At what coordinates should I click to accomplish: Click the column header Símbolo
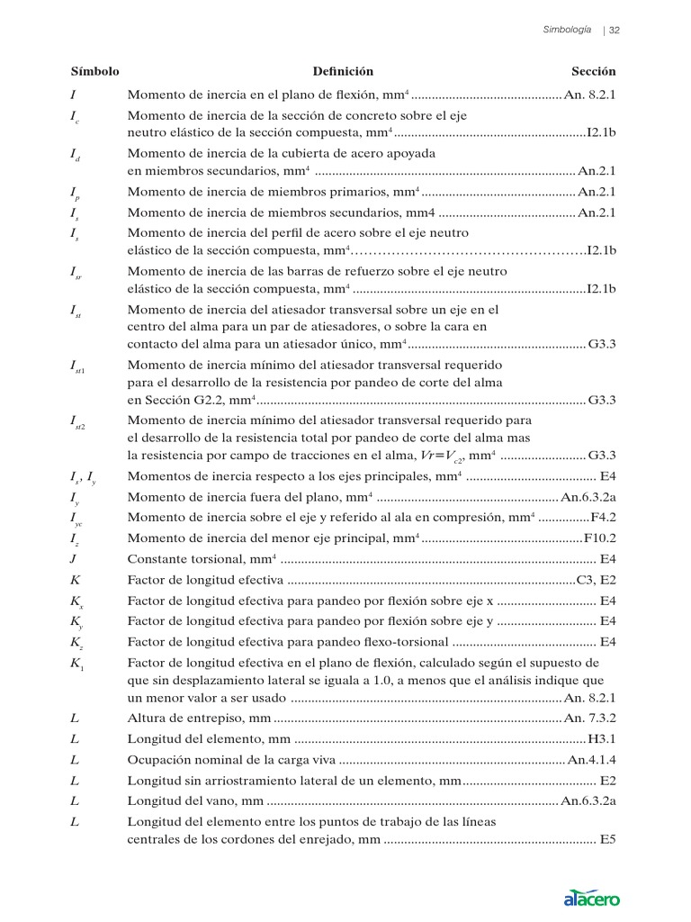pyautogui.click(x=94, y=71)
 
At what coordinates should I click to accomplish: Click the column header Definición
pyautogui.click(x=343, y=71)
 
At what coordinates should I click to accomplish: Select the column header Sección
pyautogui.click(x=594, y=71)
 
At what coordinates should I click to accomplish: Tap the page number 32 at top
pyautogui.click(x=616, y=30)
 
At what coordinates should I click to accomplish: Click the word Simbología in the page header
pyautogui.click(x=567, y=30)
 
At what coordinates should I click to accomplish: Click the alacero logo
pyautogui.click(x=591, y=898)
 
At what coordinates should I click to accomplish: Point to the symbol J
pyautogui.click(x=73, y=559)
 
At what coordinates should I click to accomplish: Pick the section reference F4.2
pyautogui.click(x=603, y=517)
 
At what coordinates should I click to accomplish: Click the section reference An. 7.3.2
pyautogui.click(x=589, y=718)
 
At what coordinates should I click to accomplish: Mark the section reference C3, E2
pyautogui.click(x=596, y=580)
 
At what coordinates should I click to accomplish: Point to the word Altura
pyautogui.click(x=147, y=718)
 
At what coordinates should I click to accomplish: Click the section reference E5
pyautogui.click(x=608, y=840)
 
